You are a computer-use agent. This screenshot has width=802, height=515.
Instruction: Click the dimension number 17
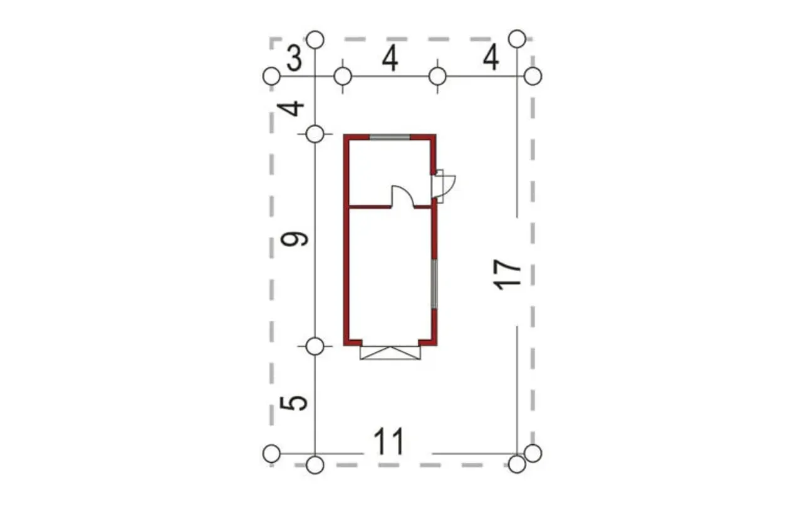(507, 274)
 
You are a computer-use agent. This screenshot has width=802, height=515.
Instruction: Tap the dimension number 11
(389, 441)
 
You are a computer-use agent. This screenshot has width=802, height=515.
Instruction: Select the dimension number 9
(294, 239)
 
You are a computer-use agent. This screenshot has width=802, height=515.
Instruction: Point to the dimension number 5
(294, 403)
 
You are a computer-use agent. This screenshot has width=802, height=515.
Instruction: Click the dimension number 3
(294, 60)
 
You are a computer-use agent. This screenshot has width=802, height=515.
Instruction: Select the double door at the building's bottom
(390, 353)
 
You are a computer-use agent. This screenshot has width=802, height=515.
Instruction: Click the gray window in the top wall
(390, 137)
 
